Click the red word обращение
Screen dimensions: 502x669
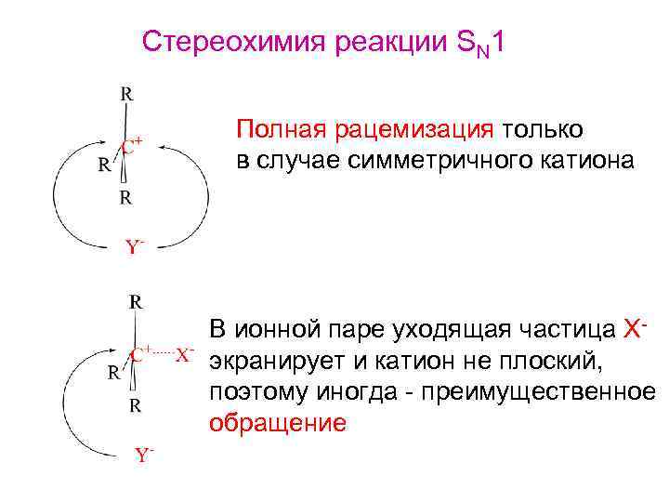tap(278, 424)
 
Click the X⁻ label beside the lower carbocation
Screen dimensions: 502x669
tap(185, 355)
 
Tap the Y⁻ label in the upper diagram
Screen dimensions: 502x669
tap(135, 247)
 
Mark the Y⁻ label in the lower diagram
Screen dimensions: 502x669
tap(144, 455)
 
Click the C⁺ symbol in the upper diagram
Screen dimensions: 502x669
tap(132, 147)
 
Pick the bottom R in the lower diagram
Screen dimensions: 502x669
tap(136, 405)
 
